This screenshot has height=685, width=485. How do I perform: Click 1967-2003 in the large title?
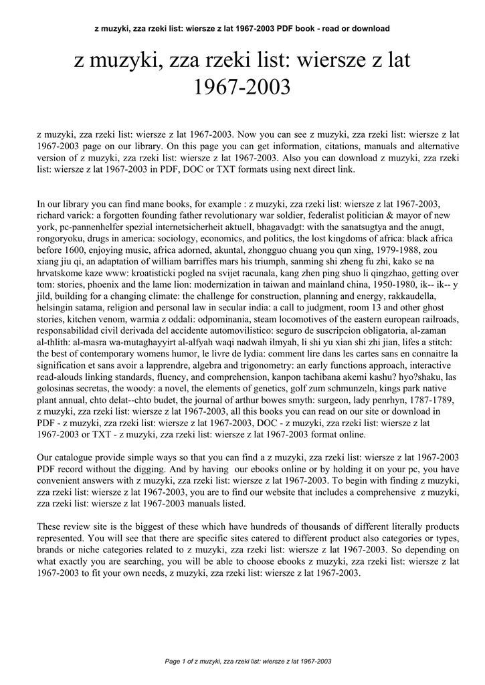click(x=242, y=87)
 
